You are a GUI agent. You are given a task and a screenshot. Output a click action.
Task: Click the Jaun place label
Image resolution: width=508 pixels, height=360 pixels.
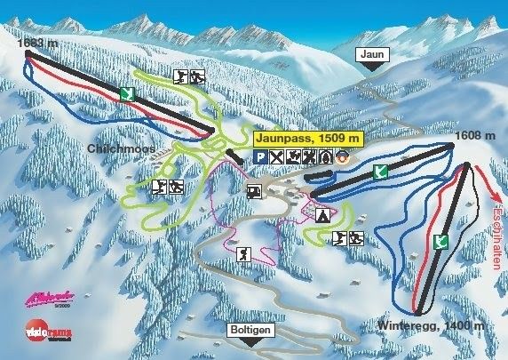click(372, 54)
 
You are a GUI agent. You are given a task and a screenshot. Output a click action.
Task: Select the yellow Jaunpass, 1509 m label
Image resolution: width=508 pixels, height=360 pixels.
click(309, 139)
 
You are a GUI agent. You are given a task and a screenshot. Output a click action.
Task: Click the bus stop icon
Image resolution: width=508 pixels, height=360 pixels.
click(252, 189)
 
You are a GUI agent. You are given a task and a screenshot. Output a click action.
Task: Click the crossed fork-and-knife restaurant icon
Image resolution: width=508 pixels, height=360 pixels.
click(277, 157)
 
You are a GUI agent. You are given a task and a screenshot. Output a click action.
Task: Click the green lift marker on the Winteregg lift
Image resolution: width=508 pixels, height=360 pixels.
click(439, 241)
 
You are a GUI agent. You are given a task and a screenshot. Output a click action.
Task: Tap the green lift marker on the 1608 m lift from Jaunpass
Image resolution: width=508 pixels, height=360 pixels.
click(380, 172)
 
